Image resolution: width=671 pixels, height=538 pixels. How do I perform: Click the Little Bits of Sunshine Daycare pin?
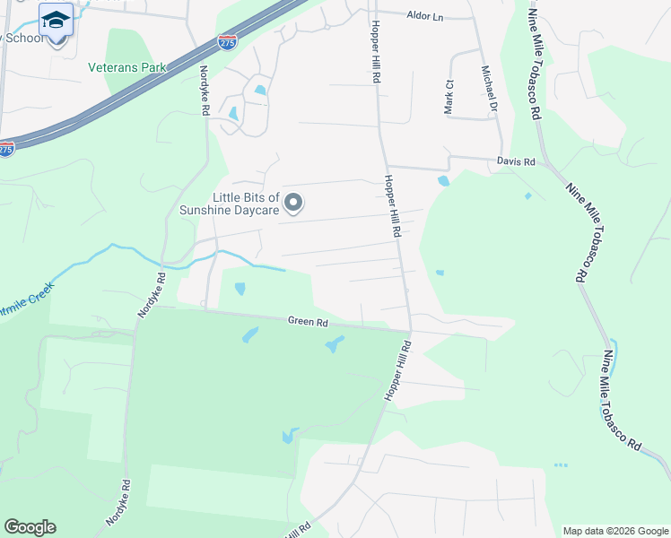(292, 204)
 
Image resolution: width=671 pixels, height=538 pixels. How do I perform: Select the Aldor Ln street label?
(425, 15)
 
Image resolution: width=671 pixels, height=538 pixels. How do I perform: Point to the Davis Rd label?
(516, 162)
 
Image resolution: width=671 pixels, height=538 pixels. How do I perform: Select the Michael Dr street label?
(488, 88)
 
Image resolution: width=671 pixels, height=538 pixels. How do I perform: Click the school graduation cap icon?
(56, 19)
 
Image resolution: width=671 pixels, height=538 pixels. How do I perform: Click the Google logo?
(30, 527)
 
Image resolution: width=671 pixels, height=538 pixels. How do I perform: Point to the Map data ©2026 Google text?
(614, 531)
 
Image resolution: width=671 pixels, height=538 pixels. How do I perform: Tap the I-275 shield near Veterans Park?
(227, 40)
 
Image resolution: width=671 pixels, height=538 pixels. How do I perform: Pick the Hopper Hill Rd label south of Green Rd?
(397, 370)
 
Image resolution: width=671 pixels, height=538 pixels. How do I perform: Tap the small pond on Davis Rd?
(443, 181)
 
